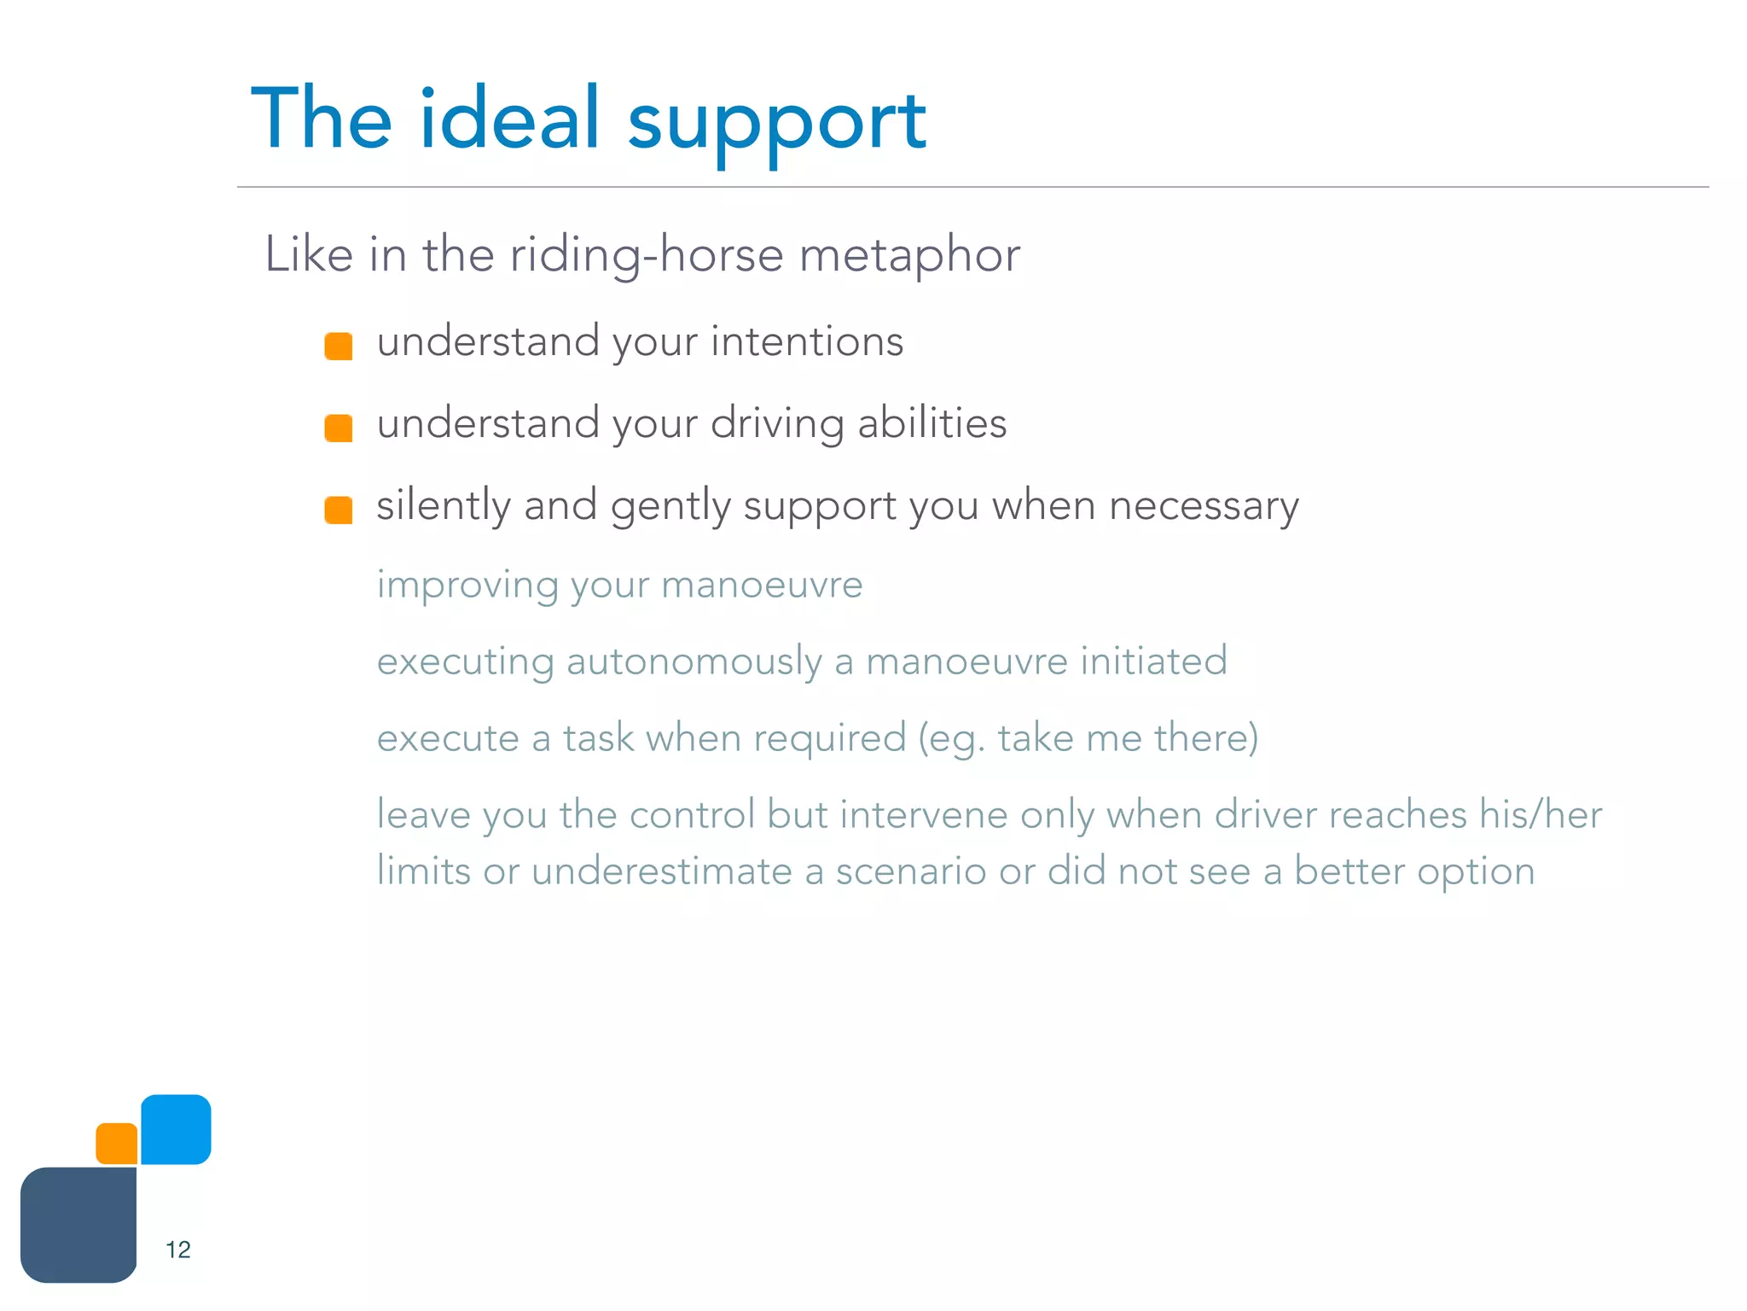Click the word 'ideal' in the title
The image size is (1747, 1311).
click(509, 119)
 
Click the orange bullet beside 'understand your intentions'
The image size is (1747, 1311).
click(339, 346)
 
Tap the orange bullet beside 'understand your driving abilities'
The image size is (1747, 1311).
click(339, 428)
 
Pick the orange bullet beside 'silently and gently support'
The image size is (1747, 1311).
click(339, 510)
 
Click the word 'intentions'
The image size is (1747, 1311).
click(806, 341)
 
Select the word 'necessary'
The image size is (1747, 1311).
click(1204, 505)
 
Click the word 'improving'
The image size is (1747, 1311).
click(467, 586)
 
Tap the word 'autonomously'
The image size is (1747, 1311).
click(694, 661)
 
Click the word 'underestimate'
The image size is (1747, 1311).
click(662, 871)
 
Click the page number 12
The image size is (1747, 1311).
click(177, 1250)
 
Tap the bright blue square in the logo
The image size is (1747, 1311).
click(176, 1128)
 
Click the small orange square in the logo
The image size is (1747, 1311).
click(117, 1144)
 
